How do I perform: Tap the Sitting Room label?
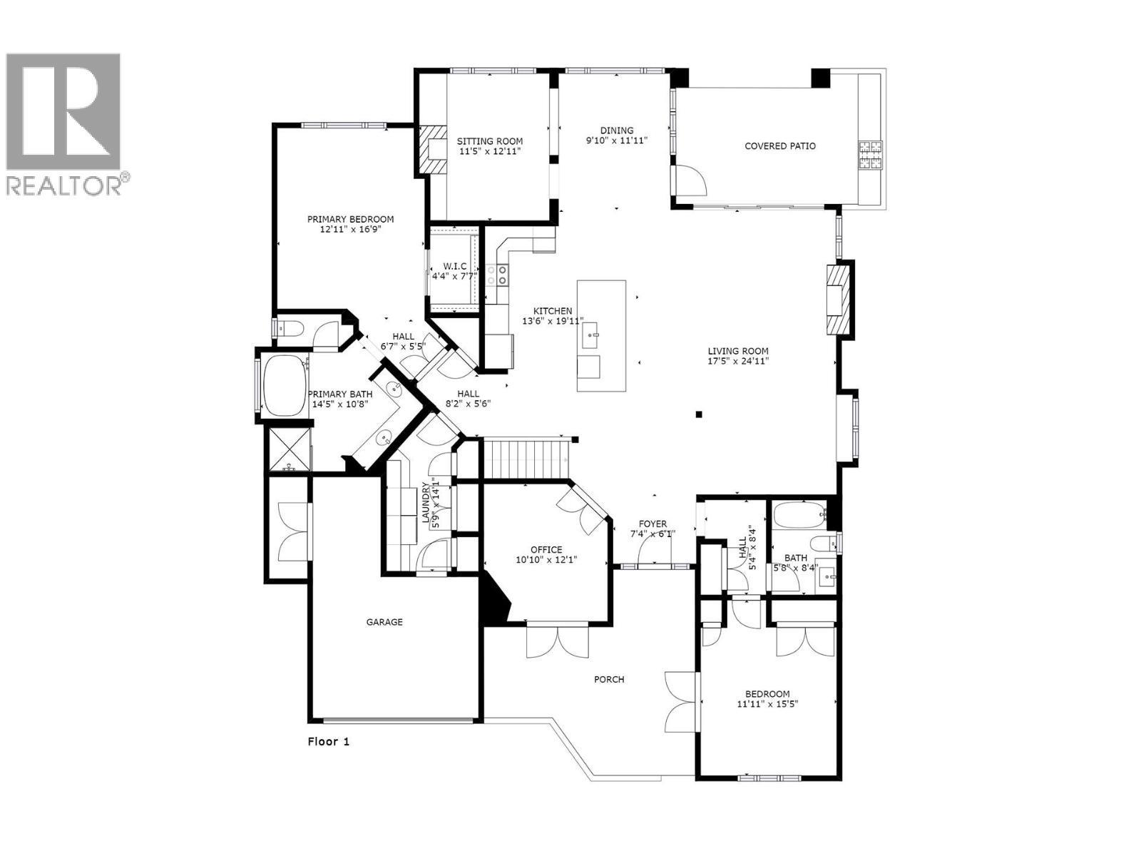click(490, 141)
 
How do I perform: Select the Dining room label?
click(616, 131)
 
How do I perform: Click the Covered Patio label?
click(779, 146)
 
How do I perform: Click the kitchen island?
click(601, 335)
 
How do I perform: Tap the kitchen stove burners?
click(497, 275)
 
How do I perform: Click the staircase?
click(526, 460)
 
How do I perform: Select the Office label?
click(546, 550)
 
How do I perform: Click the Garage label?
click(384, 622)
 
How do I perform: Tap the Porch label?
click(609, 679)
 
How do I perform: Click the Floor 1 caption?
click(328, 741)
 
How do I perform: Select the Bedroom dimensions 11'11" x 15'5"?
click(767, 704)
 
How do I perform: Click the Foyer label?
click(653, 524)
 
